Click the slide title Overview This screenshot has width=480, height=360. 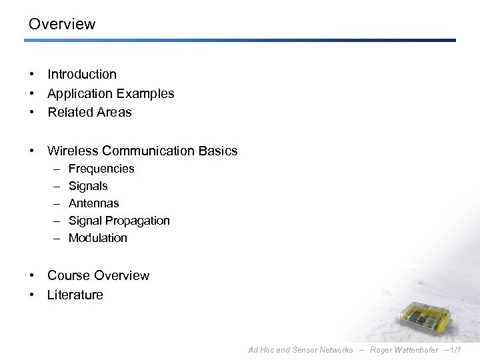[62, 25]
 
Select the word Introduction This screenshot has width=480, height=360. [81, 75]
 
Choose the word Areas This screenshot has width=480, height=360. [113, 113]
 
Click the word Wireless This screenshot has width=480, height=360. [73, 151]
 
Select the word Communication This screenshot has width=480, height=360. [150, 151]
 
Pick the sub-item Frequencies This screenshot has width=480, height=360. [101, 169]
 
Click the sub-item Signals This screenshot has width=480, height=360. [88, 187]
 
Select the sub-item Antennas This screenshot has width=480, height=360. [93, 203]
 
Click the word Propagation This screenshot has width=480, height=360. [138, 221]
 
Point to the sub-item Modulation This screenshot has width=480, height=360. [97, 238]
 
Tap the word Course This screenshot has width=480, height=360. [69, 276]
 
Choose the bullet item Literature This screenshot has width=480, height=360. [75, 295]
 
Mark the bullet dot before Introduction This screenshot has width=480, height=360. [32, 75]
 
